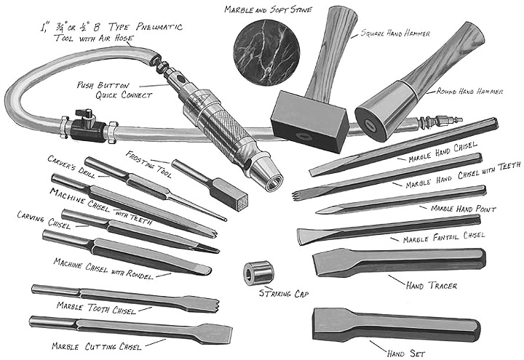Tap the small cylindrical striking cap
[258, 273]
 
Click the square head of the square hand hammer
[310, 121]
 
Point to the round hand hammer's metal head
[384, 110]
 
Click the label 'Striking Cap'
[284, 294]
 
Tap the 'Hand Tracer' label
[431, 286]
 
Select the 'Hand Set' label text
[406, 353]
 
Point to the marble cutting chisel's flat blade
[215, 333]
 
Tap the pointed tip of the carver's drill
[225, 220]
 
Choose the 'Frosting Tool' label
[149, 164]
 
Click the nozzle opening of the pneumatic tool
[274, 182]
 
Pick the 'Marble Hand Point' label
[463, 209]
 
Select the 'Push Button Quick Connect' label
[115, 90]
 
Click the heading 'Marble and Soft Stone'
[268, 9]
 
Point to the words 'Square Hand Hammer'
[395, 33]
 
